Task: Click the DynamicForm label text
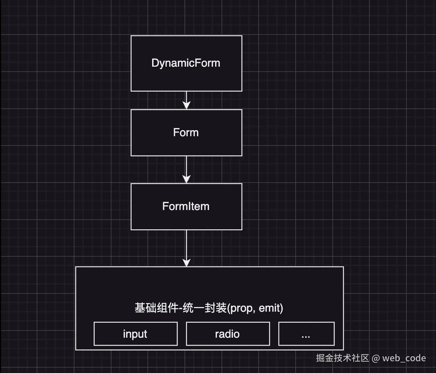point(186,63)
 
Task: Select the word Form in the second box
point(186,133)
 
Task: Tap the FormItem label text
point(186,206)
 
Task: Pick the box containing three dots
point(306,334)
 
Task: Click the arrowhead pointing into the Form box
point(186,105)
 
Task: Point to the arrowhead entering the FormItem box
point(186,179)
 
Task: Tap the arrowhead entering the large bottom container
point(186,262)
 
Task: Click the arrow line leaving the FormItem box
point(186,244)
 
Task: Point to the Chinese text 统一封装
point(204,308)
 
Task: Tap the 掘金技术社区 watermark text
point(342,358)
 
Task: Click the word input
point(135,334)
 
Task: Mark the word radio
point(227,334)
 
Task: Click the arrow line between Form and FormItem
point(186,167)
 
